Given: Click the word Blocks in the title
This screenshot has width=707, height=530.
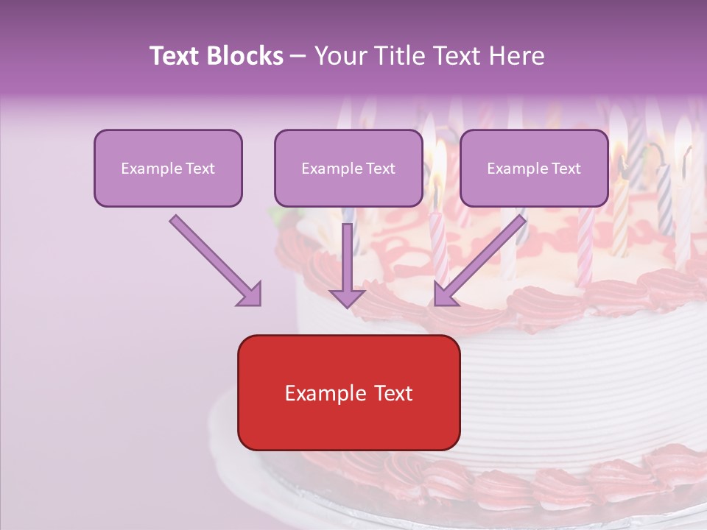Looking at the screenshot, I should pyautogui.click(x=247, y=56).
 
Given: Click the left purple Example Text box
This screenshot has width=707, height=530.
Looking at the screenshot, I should pyautogui.click(x=168, y=169).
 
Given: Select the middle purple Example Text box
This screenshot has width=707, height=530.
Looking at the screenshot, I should pyautogui.click(x=348, y=169).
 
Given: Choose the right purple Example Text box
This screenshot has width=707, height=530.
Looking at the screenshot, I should pyautogui.click(x=534, y=169).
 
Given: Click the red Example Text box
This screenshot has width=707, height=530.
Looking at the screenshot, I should pyautogui.click(x=348, y=393).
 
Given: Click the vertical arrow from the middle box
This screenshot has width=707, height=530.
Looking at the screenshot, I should pyautogui.click(x=347, y=254).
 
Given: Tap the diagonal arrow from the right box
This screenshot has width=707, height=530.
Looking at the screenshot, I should pyautogui.click(x=482, y=258).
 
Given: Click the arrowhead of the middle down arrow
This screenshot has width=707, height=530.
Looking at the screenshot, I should pyautogui.click(x=347, y=297).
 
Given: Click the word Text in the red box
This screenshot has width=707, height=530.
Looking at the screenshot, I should pyautogui.click(x=390, y=393).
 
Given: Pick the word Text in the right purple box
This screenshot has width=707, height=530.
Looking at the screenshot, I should pyautogui.click(x=566, y=169).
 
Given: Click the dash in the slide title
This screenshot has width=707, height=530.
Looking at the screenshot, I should pyautogui.click(x=298, y=56).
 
